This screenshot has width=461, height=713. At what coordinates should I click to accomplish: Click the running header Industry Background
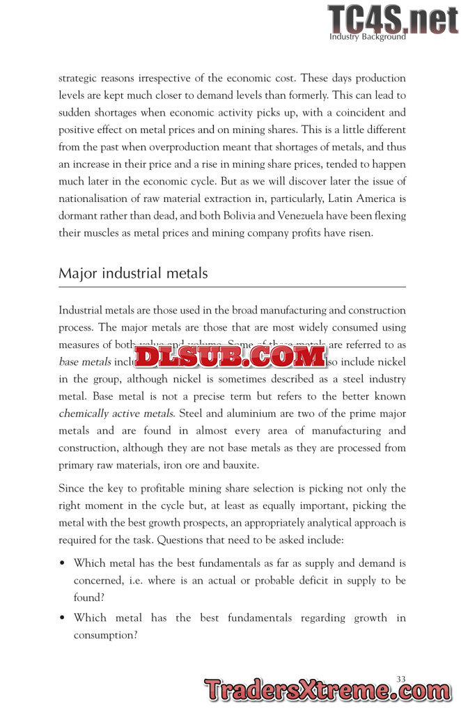[367, 37]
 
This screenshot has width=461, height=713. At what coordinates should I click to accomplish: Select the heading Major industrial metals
[133, 273]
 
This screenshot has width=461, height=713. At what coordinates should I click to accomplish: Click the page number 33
[400, 678]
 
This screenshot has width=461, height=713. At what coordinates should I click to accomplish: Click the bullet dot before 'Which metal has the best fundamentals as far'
[63, 563]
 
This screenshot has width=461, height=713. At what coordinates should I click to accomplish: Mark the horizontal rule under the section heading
[232, 286]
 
